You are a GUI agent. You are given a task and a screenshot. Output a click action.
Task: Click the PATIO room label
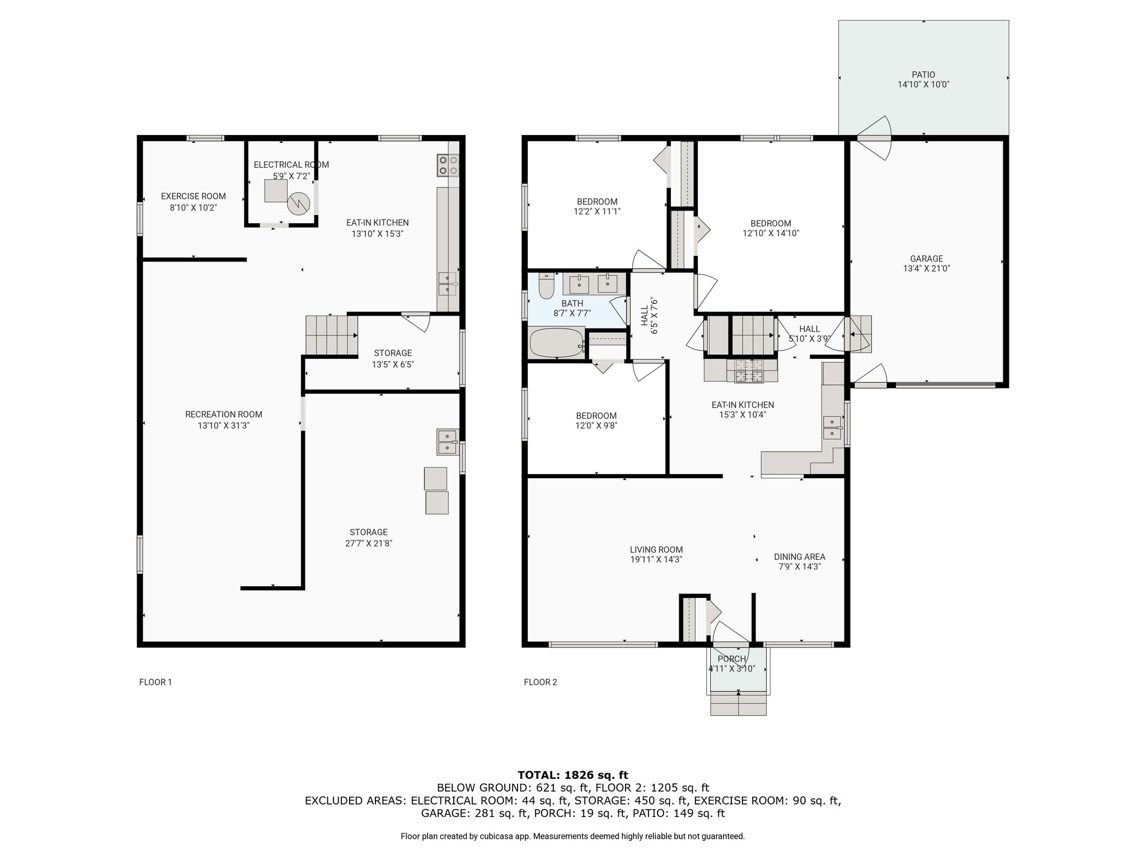(923, 74)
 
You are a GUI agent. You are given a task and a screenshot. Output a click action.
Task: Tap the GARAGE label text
(927, 259)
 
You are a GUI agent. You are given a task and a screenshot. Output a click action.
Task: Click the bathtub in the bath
(556, 343)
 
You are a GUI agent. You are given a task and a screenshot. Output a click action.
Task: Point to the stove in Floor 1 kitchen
(447, 165)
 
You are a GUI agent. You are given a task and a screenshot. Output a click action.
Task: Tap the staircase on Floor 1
(331, 335)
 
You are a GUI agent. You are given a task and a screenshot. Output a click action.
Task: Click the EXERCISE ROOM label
(194, 196)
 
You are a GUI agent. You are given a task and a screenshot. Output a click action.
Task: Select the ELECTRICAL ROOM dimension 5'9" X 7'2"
(291, 176)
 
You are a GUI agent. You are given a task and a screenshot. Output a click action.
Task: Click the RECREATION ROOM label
(224, 414)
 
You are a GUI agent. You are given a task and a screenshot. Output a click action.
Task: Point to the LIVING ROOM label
(656, 550)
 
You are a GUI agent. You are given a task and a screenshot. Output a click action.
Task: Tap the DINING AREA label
(800, 557)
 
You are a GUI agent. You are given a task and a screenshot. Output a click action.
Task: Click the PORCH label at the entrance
(732, 659)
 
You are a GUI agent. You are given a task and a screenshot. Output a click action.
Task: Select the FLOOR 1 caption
(156, 682)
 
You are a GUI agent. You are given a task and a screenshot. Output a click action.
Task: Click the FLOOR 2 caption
(541, 682)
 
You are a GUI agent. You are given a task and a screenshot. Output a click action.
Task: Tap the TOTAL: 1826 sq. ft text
(573, 775)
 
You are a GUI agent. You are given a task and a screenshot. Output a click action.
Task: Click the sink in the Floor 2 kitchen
(833, 427)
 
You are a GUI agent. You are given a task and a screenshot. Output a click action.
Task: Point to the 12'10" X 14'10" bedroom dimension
(771, 233)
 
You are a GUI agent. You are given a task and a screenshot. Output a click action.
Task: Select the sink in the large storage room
(448, 442)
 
